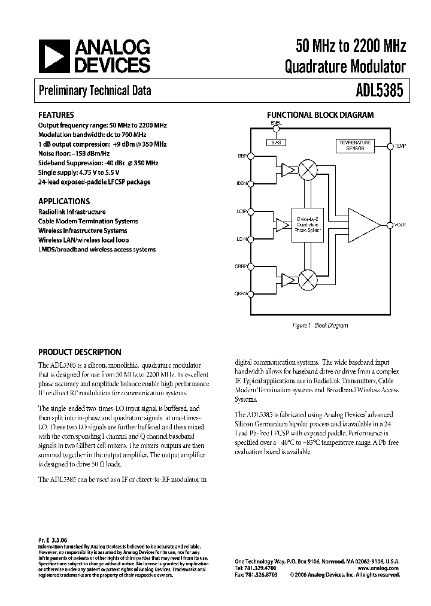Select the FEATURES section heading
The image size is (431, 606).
[x=56, y=115]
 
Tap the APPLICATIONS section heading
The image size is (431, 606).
[x=64, y=202]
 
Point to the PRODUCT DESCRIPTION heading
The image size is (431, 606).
[x=80, y=352]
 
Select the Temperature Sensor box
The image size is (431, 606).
[x=355, y=145]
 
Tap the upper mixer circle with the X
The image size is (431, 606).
[x=308, y=170]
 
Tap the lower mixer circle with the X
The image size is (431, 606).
[x=308, y=279]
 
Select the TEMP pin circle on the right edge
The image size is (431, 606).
[x=389, y=146]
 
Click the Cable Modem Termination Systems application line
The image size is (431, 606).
[x=88, y=221]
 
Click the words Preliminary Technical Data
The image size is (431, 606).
[x=95, y=91]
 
